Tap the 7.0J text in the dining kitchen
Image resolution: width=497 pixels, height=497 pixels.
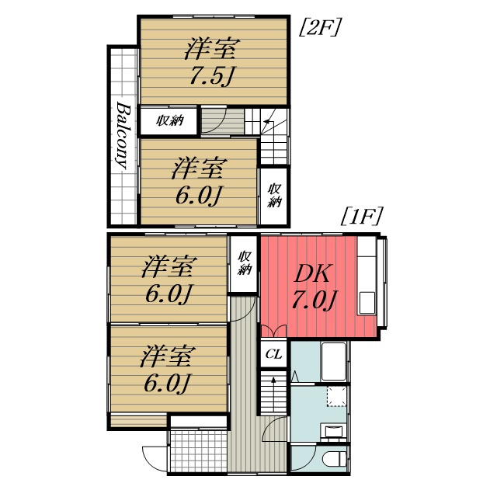pyautogui.click(x=314, y=300)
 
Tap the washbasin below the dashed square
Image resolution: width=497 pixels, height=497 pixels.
pyautogui.click(x=335, y=431)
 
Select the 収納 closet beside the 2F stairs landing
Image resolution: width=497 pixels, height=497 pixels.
pyautogui.click(x=169, y=120)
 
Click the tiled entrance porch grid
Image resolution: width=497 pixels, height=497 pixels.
pyautogui.click(x=198, y=450)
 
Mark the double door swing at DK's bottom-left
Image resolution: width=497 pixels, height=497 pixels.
pyautogui.click(x=274, y=329)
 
